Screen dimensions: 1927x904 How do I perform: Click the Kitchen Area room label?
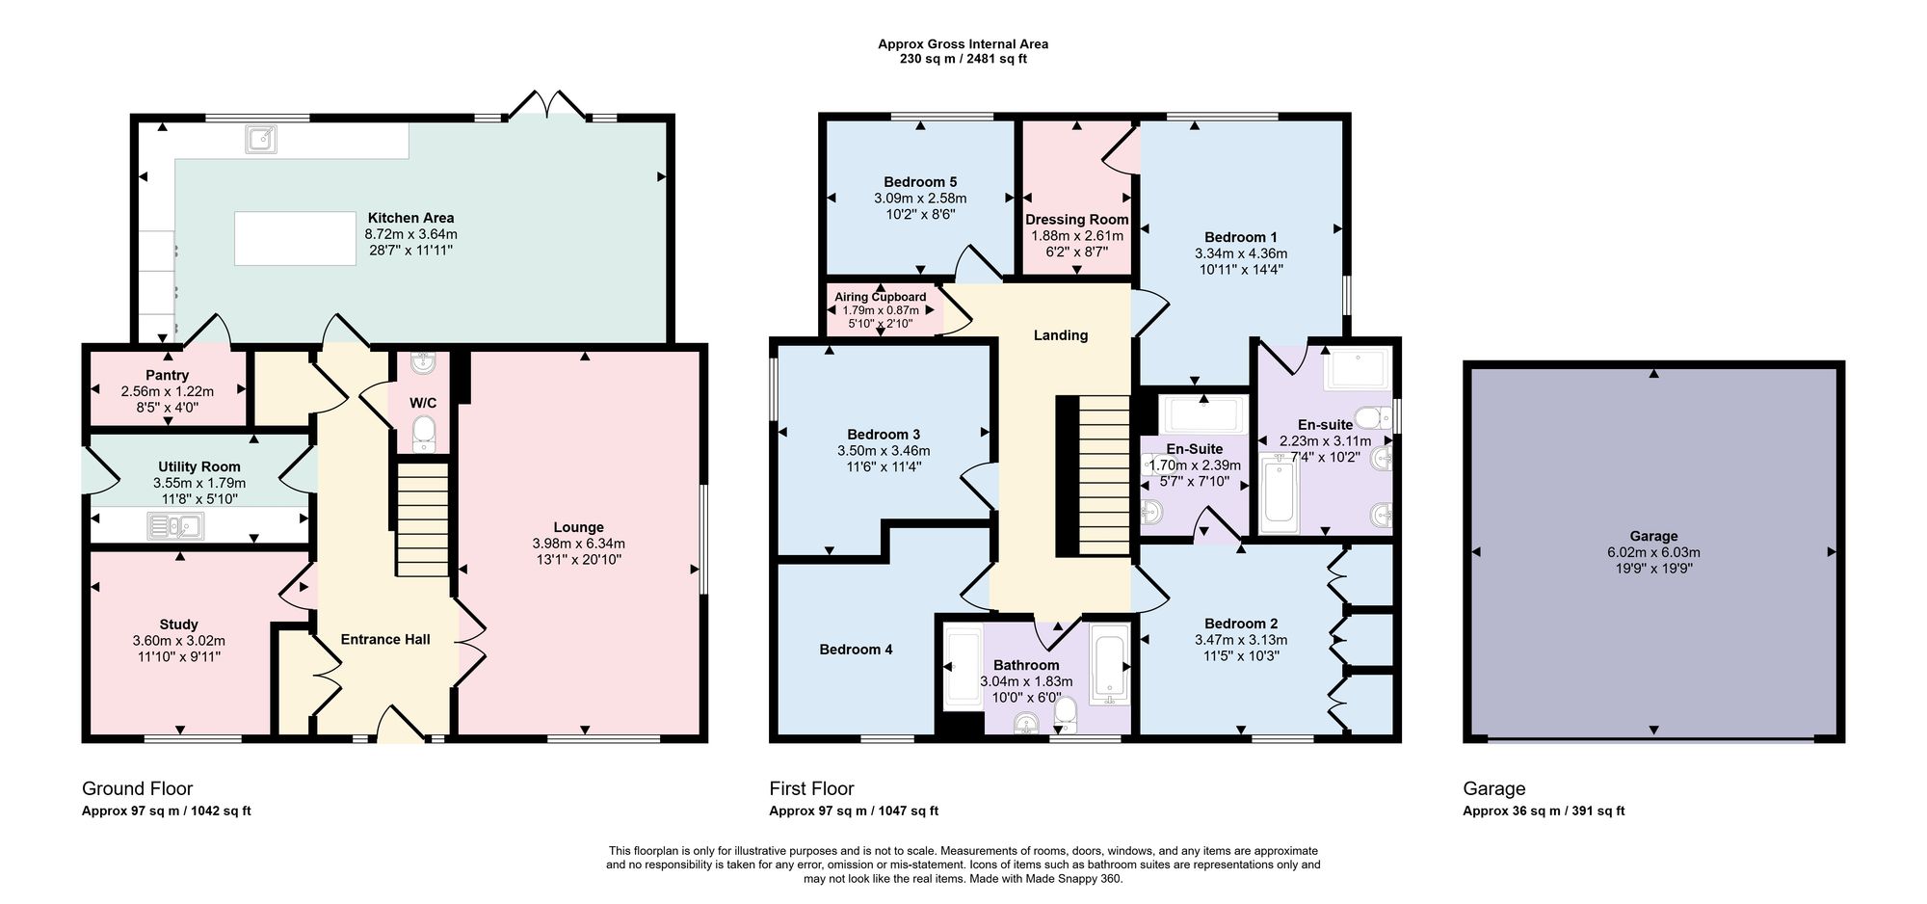410,218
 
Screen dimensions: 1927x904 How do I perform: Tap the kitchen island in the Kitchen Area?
295,238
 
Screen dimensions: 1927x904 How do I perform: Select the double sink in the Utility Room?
175,526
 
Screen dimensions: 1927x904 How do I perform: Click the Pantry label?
168,375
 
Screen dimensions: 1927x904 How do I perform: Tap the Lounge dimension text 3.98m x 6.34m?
578,544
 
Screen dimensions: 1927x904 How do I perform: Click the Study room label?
179,625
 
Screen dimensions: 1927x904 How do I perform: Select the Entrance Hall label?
385,639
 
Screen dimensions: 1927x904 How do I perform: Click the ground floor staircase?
423,519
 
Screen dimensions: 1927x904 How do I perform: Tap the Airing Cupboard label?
881,297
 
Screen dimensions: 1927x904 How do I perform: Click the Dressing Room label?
1077,220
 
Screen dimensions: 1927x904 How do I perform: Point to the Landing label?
1061,335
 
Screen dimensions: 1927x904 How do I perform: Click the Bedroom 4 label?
856,650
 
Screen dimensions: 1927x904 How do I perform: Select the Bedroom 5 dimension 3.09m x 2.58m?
920,199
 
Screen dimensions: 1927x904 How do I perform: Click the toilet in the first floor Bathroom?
1066,714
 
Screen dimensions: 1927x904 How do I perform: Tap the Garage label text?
1653,536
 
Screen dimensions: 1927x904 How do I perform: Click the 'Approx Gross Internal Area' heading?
963,43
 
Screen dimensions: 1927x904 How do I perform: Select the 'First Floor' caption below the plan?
811,788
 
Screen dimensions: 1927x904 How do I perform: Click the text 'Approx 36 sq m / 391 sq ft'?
1544,811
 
